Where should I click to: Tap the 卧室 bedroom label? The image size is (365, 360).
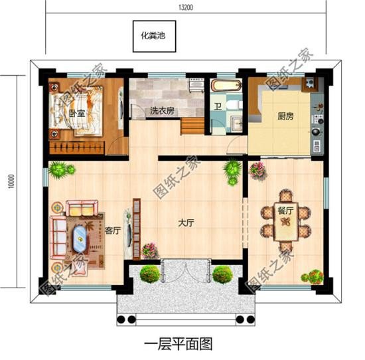coord(76,114)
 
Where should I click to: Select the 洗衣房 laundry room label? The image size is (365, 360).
coord(161,112)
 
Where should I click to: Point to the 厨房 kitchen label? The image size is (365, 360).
coord(285,116)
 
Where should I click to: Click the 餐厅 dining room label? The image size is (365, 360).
coord(287,210)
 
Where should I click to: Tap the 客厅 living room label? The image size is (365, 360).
coord(112,230)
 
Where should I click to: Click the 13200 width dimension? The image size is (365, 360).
coord(186,6)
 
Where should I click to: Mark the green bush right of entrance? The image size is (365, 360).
coord(222,273)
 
